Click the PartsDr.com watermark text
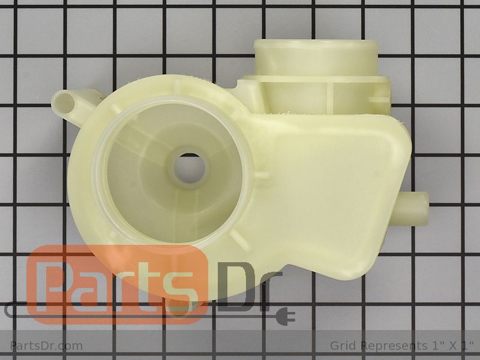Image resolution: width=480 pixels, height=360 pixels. (x=46, y=346)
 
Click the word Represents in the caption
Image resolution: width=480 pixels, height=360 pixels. (x=393, y=347)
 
